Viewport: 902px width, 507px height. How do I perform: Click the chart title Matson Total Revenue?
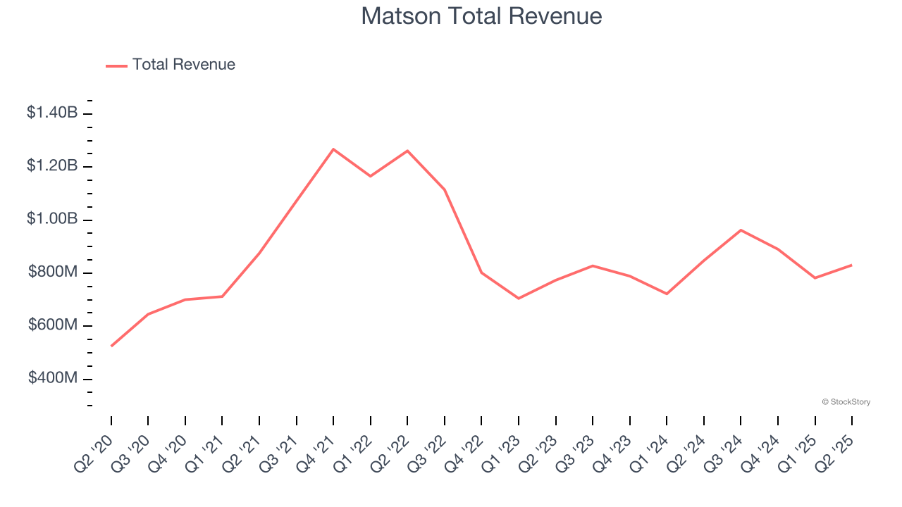[x=481, y=16]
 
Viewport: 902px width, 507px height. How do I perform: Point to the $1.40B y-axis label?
[x=52, y=112]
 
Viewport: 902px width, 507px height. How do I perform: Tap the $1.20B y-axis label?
[x=52, y=165]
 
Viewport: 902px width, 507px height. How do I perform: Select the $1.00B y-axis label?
[x=52, y=219]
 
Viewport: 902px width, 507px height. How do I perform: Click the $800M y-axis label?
[x=53, y=272]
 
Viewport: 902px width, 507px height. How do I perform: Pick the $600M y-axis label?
[x=53, y=325]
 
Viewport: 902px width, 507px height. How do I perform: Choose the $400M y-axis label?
[x=53, y=378]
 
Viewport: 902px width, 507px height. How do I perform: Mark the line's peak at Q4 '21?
[x=333, y=149]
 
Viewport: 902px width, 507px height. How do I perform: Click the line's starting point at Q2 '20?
[x=111, y=346]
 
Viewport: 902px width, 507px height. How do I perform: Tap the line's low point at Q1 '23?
[x=519, y=299]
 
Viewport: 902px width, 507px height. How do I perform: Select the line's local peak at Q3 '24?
[x=741, y=230]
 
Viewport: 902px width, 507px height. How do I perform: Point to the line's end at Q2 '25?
[x=851, y=265]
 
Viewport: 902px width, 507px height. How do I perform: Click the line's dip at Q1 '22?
[x=370, y=176]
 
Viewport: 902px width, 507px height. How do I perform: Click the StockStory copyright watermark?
[x=846, y=402]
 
